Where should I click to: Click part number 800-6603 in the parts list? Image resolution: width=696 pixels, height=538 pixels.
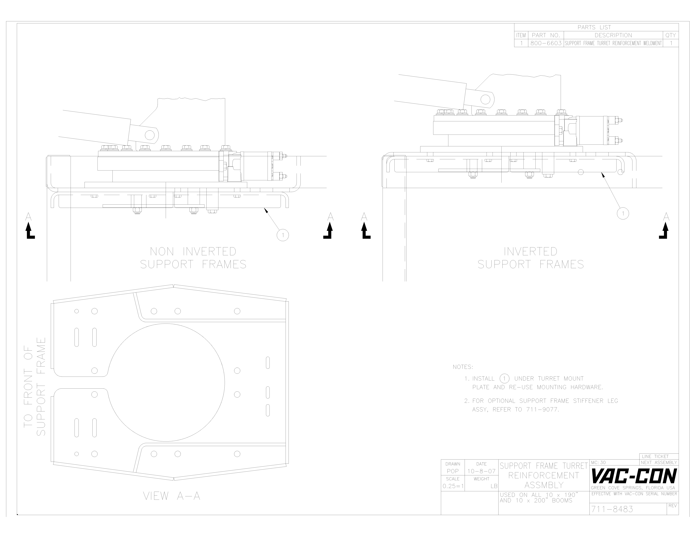pos(546,43)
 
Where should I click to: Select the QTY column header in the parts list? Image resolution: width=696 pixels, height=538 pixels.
pos(670,35)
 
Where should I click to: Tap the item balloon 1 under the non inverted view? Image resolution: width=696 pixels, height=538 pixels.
pos(283,235)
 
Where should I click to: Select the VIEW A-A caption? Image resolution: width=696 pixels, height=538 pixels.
pos(171,496)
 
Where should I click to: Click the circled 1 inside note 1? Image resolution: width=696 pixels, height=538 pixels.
pos(504,378)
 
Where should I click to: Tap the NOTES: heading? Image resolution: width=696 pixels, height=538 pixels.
pos(463,367)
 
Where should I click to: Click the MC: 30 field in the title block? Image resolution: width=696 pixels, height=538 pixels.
pos(598,462)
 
